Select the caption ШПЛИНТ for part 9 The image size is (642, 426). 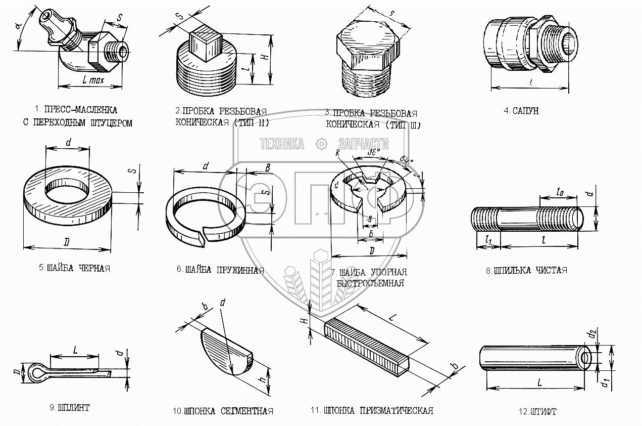[x=70, y=407]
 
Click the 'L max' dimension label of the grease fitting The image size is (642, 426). [x=92, y=80]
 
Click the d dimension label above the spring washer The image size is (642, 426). [x=206, y=166]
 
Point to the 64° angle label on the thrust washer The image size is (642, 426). [x=407, y=160]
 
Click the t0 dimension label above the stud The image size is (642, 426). [x=559, y=192]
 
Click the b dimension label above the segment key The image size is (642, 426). [x=205, y=307]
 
